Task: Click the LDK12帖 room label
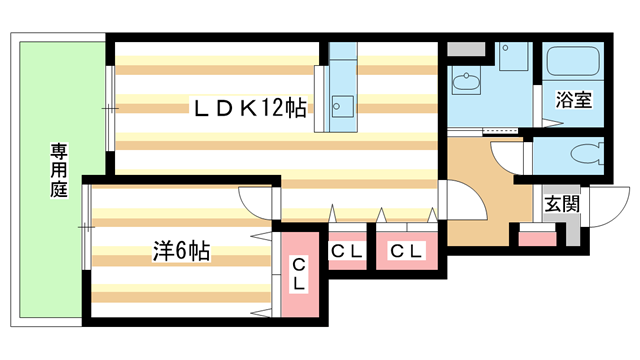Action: pos(250,108)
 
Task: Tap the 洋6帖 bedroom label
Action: pos(182,251)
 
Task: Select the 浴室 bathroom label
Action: pos(573,100)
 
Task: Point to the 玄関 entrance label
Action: pos(562,204)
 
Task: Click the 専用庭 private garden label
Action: pos(59,170)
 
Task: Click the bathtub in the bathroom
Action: pos(573,61)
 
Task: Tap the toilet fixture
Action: pos(587,154)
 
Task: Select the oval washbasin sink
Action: pos(466,81)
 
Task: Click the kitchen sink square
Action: pos(342,107)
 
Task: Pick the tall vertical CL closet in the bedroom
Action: pos(300,274)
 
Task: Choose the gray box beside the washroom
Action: pos(466,49)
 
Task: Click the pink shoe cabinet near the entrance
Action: pos(538,239)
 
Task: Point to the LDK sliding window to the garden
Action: pos(110,108)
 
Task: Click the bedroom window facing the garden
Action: pos(87,227)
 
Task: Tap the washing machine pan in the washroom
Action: pos(513,56)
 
